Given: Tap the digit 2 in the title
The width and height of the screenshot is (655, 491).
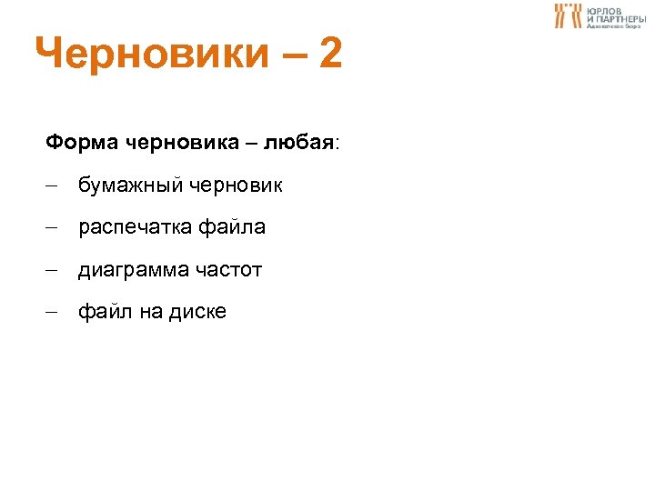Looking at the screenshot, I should coord(329,55).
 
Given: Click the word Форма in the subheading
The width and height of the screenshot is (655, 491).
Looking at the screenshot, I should coord(81,143).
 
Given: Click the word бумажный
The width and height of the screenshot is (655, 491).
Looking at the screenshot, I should coord(130,185).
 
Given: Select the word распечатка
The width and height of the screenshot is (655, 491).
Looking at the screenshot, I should coord(133,227).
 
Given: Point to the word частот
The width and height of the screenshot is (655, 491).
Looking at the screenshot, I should coord(227,270).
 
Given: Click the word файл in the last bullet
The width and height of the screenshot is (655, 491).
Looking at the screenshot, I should coord(105,312).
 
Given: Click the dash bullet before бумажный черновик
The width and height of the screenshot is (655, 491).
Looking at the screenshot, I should coord(53,186).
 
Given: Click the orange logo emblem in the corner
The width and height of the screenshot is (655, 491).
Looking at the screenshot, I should coord(568,15).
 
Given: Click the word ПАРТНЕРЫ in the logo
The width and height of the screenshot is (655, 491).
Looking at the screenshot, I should coord(622,18).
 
